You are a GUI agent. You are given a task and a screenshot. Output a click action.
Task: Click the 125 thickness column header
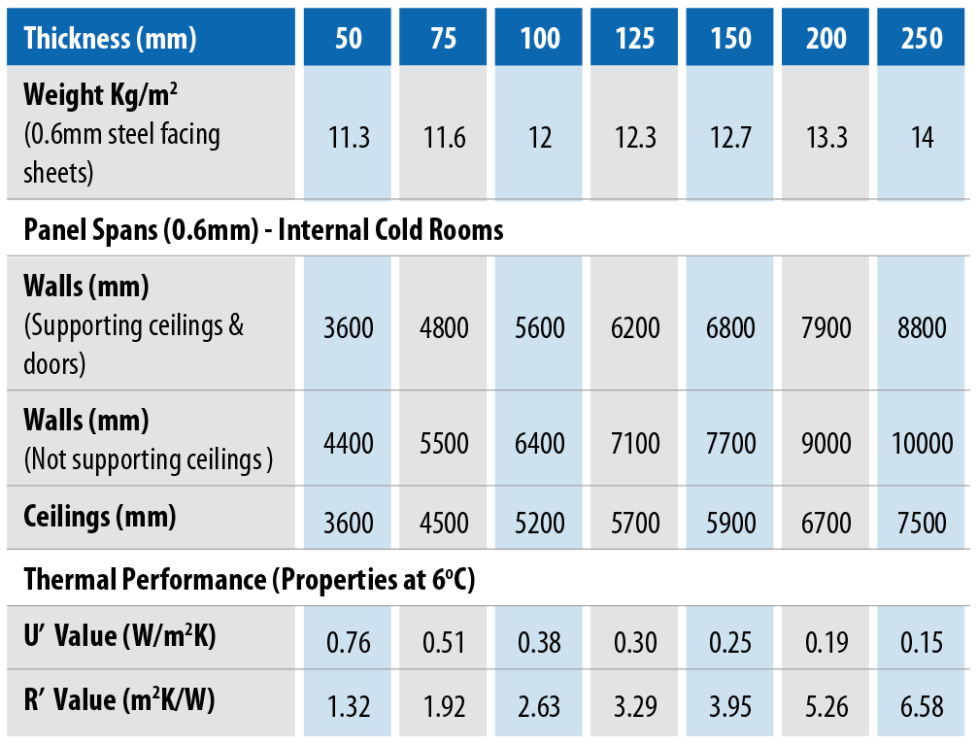pyautogui.click(x=635, y=38)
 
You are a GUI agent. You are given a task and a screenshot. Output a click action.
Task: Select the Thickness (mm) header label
pyautogui.click(x=110, y=38)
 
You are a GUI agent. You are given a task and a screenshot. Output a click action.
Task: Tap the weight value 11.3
pyautogui.click(x=349, y=138)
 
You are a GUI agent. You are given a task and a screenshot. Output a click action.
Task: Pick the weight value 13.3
pyautogui.click(x=826, y=138)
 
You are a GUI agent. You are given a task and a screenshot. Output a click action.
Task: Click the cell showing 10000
pyautogui.click(x=922, y=444)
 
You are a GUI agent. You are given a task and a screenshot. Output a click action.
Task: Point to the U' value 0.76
pyautogui.click(x=349, y=642)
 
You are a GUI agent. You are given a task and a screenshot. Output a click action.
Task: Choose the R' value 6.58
pyautogui.click(x=922, y=706)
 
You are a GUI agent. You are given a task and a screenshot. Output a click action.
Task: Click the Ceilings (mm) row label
pyautogui.click(x=100, y=517)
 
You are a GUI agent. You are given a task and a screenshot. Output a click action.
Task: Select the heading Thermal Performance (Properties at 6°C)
pyautogui.click(x=249, y=580)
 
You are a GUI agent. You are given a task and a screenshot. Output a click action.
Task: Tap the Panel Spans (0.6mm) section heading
pyautogui.click(x=263, y=229)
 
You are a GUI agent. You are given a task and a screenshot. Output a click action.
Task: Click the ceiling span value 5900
pyautogui.click(x=731, y=523)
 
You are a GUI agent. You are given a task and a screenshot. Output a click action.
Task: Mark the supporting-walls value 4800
pyautogui.click(x=444, y=327)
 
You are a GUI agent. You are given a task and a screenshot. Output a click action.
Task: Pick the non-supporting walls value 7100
pyautogui.click(x=635, y=444)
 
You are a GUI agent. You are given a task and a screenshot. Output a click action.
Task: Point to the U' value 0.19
pyautogui.click(x=826, y=642)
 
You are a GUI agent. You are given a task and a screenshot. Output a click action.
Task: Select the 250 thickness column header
pyautogui.click(x=922, y=38)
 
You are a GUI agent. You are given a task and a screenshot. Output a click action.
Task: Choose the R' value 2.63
pyautogui.click(x=540, y=706)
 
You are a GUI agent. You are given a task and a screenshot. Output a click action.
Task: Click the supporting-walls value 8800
pyautogui.click(x=922, y=327)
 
